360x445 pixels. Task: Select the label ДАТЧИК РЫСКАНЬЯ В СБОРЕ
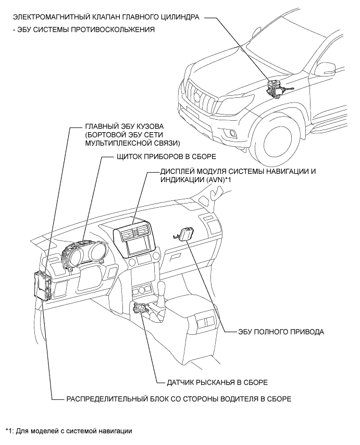point(218,382)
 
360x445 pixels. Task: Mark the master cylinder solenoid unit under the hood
point(276,88)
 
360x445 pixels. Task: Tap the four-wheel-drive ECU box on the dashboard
point(186,234)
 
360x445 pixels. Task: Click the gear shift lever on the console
point(163,289)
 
